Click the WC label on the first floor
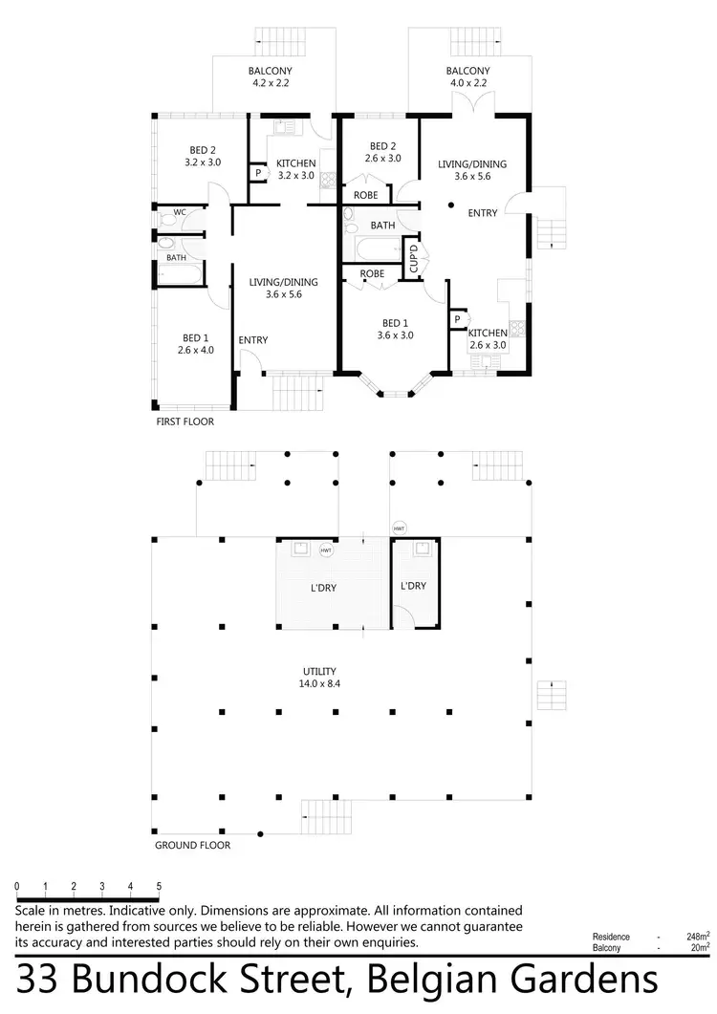(x=180, y=212)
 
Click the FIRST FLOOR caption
(x=185, y=421)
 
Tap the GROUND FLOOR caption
(x=192, y=845)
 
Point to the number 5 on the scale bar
(x=159, y=887)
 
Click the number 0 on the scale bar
(x=17, y=887)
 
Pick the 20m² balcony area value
(x=699, y=948)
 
